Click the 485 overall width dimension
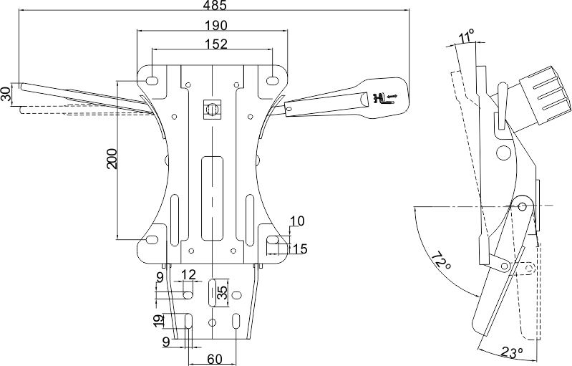[x=215, y=6]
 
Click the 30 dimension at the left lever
[x=6, y=94]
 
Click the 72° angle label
[x=440, y=262]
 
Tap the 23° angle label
[x=511, y=352]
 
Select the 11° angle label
[x=467, y=36]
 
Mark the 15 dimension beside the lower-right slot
[x=300, y=249]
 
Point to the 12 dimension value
[x=188, y=274]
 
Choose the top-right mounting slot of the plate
[x=273, y=80]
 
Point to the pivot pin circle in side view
[x=523, y=207]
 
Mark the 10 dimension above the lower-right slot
[x=298, y=221]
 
